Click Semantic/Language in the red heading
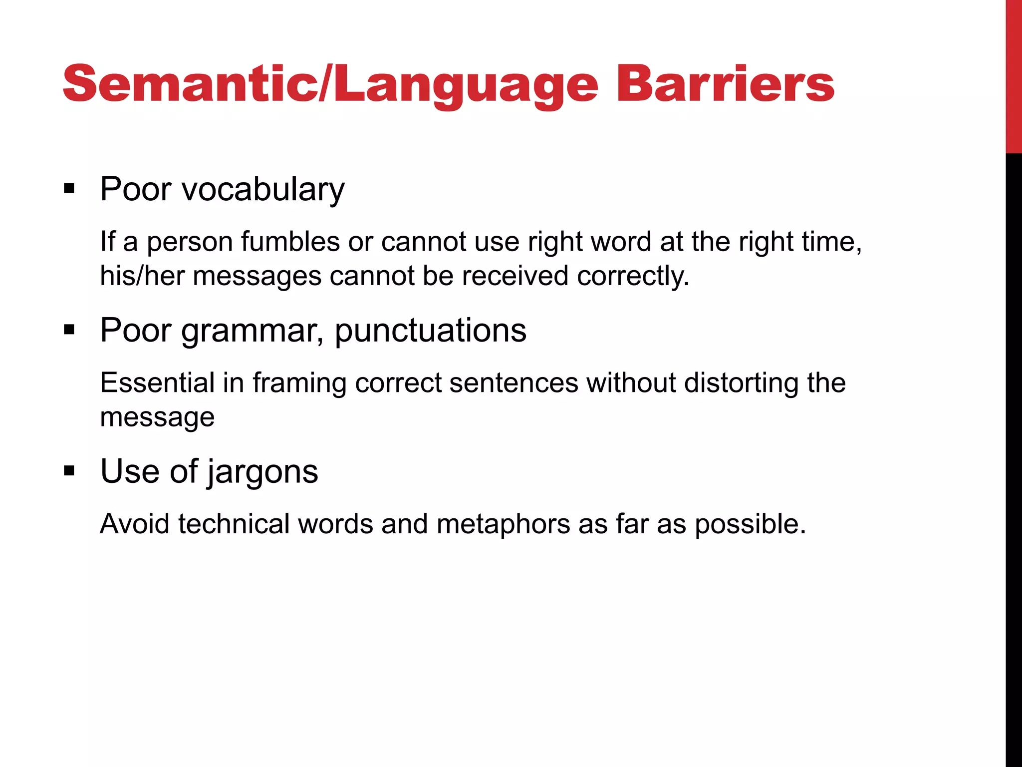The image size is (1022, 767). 330,85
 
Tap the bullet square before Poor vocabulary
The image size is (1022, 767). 69,189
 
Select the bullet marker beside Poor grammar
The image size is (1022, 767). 69,330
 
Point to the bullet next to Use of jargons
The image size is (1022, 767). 69,471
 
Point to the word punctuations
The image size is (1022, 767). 430,331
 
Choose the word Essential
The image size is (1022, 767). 157,383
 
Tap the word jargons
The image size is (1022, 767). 262,473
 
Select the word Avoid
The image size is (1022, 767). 134,524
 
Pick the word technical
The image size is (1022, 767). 234,524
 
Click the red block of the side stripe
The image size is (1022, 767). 1014,75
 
